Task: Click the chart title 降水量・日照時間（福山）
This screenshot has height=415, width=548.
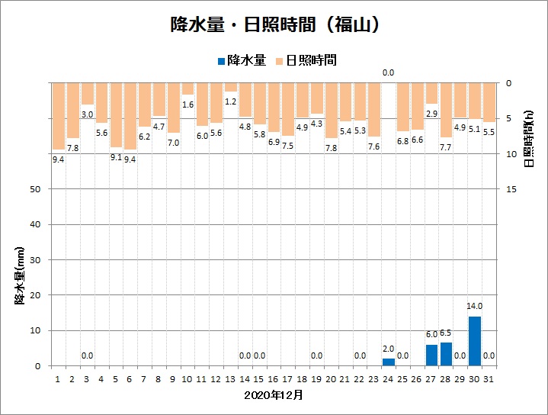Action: tap(274, 24)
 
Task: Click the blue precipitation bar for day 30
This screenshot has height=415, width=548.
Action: tap(475, 341)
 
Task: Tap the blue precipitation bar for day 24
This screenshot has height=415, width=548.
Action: tap(389, 362)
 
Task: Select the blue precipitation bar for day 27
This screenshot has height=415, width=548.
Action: tap(431, 355)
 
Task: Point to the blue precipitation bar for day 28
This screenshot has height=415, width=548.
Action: tap(446, 354)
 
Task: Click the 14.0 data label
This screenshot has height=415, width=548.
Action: tap(475, 307)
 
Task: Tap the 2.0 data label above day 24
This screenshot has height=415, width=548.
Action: tap(389, 349)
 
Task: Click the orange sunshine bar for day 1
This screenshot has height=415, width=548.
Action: tap(58, 116)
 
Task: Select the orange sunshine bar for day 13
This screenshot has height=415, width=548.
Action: tap(230, 87)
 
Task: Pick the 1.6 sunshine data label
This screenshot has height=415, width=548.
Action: tap(187, 105)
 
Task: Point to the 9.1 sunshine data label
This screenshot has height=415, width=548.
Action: tap(116, 157)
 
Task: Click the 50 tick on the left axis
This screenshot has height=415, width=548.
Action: tap(37, 189)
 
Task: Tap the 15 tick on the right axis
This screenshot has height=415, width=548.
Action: tap(512, 189)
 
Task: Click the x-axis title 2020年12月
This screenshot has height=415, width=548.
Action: tap(274, 395)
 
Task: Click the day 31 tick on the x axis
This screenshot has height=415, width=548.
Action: tap(489, 378)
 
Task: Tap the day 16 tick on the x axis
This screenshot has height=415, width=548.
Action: tap(274, 378)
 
